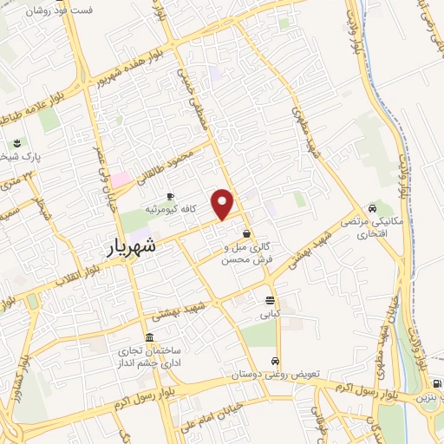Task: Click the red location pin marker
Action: [224, 204]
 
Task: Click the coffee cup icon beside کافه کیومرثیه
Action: [170, 197]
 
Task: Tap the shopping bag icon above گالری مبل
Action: [247, 233]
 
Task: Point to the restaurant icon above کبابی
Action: [271, 301]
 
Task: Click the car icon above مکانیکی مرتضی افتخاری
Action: [372, 208]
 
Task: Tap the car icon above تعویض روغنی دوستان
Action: [275, 361]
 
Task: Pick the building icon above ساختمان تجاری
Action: [150, 337]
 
